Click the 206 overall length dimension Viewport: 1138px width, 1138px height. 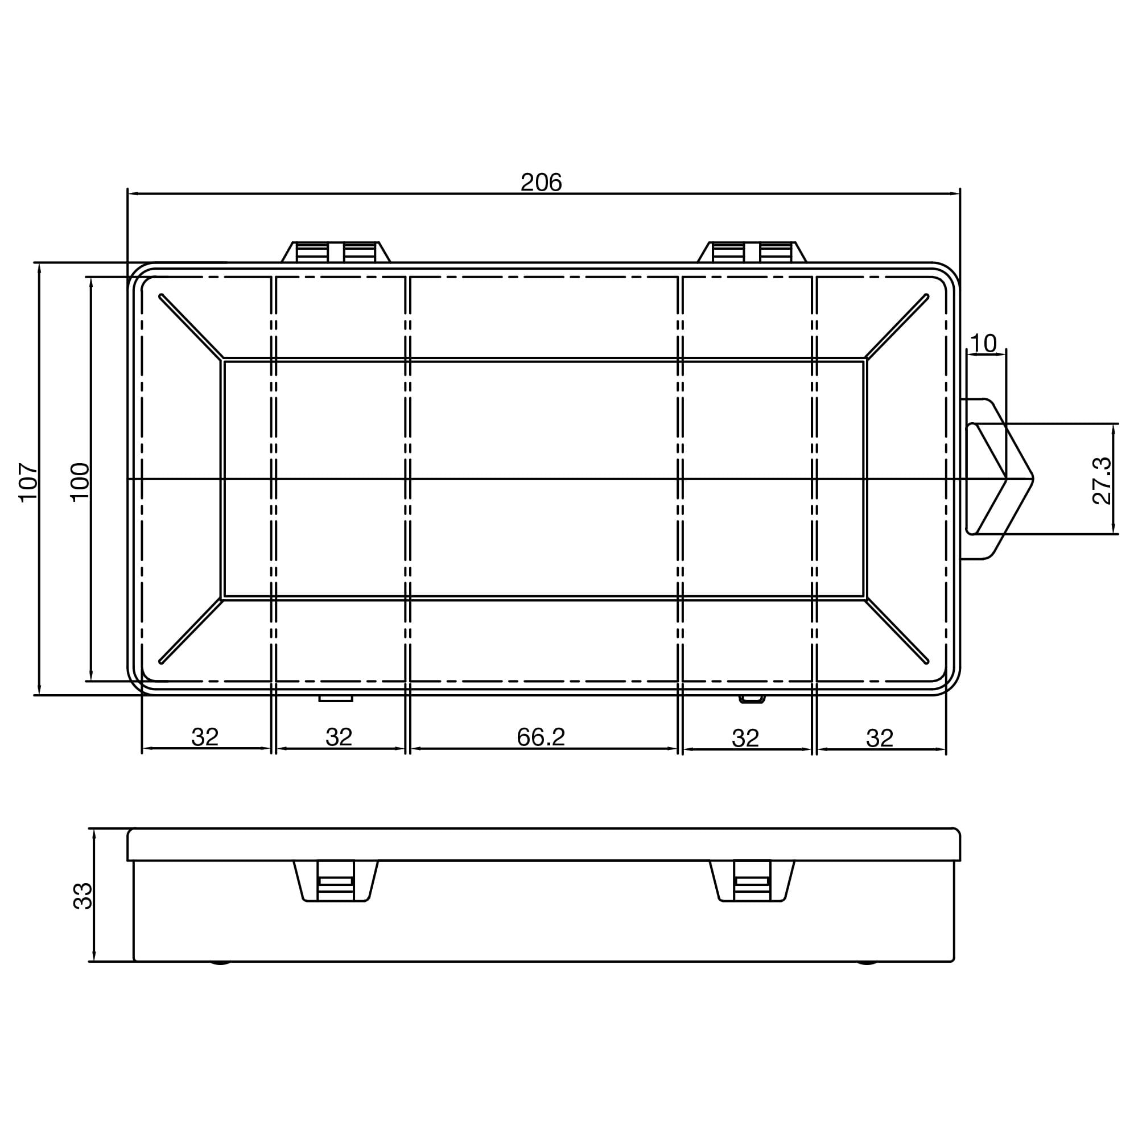click(x=541, y=183)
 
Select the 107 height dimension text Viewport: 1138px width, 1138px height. click(x=28, y=482)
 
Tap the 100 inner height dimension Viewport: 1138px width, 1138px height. click(x=80, y=482)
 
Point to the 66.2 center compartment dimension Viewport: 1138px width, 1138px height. click(x=541, y=737)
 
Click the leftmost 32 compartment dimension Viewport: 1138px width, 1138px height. click(x=205, y=737)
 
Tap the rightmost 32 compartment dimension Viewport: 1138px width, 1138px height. click(x=880, y=737)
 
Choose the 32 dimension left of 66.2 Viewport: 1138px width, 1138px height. click(x=339, y=737)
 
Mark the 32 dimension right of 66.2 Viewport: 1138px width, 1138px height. click(x=745, y=737)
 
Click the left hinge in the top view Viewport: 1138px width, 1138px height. click(x=336, y=252)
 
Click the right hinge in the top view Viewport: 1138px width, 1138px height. click(x=752, y=252)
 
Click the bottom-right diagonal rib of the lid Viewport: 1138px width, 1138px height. click(x=897, y=631)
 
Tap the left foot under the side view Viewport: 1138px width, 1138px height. click(x=220, y=963)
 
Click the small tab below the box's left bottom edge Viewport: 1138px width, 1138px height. click(x=336, y=699)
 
